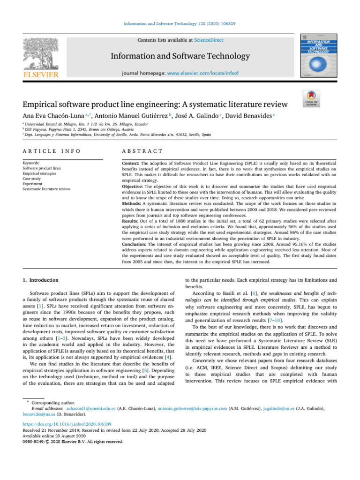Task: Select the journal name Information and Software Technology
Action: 180,56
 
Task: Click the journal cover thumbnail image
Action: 318,56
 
